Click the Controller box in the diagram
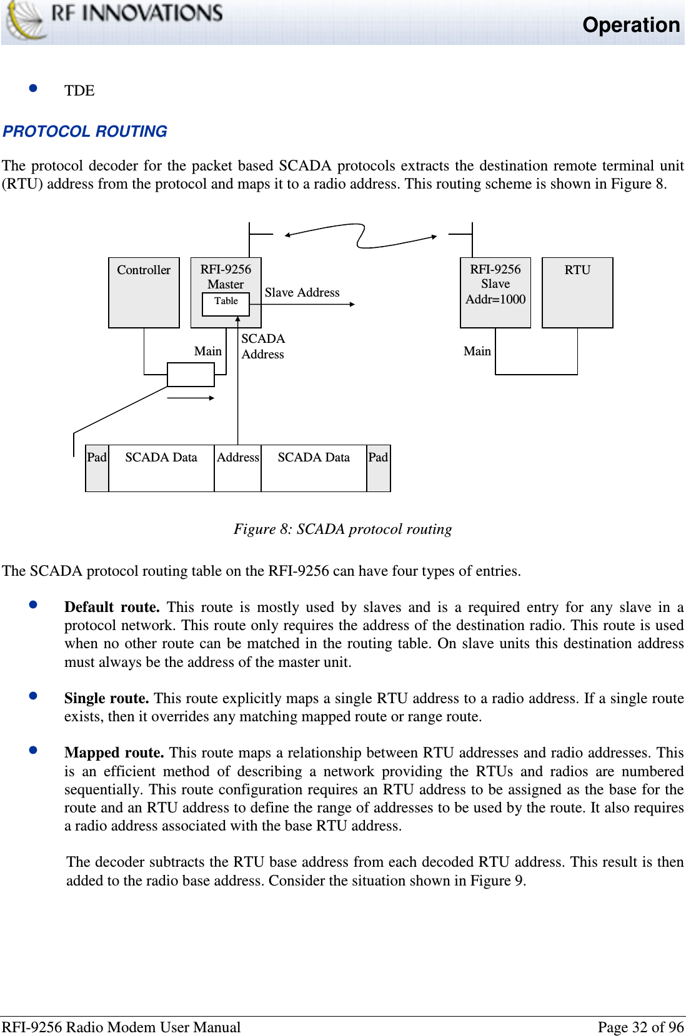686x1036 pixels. tap(144, 292)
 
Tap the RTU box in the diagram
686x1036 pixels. tap(577, 292)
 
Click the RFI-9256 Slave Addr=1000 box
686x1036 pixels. tap(495, 292)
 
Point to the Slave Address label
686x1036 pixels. tap(302, 292)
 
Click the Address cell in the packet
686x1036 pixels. tap(238, 468)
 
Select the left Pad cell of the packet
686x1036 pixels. tap(97, 468)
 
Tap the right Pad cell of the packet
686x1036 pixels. tap(378, 468)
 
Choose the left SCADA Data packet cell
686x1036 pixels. tap(161, 468)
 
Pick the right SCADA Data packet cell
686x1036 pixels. tap(314, 468)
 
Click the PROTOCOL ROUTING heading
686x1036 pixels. tap(85, 132)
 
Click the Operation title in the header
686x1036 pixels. tap(630, 25)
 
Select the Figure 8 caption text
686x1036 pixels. tap(342, 529)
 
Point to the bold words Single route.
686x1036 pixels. tap(106, 698)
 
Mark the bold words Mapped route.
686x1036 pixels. tap(114, 752)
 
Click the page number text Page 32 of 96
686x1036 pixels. tap(640, 1027)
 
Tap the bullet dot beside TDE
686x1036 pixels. tap(34, 89)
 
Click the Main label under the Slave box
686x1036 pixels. tap(477, 351)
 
